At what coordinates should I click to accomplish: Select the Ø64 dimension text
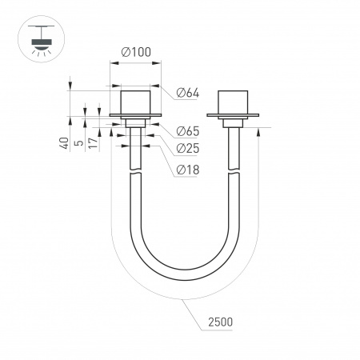(x=186, y=94)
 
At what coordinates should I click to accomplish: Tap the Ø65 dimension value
(x=186, y=130)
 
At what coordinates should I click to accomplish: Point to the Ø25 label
(x=186, y=149)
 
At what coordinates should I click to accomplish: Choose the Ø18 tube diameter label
(x=186, y=169)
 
